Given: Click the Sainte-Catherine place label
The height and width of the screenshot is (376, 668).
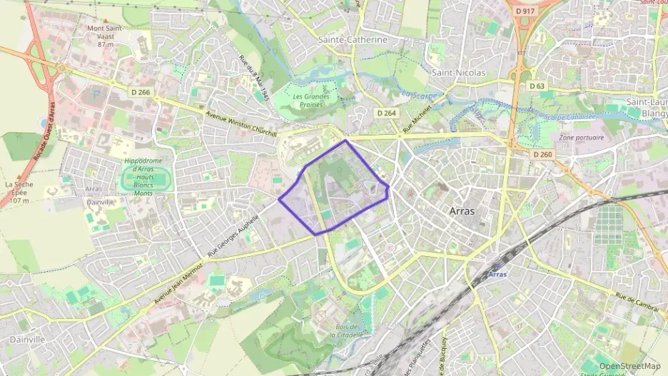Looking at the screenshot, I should coord(353,40).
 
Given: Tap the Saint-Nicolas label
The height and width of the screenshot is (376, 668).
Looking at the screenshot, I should coord(458,73).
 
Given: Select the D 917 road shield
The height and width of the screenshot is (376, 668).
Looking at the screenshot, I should coord(525,12).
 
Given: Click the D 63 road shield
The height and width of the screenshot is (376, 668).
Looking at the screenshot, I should coord(537,86).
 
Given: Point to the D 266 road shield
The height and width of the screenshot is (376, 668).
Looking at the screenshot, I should coord(141,91).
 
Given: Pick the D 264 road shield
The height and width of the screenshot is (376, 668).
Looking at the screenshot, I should coord(385,113).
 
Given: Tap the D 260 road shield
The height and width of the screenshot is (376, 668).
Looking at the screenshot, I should coord(542,154).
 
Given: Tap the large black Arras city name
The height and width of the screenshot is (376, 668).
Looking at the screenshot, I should coord(462,211).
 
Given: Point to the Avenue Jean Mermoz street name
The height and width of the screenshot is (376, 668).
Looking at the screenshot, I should coord(178,282).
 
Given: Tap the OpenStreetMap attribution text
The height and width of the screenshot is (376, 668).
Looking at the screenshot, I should coord(629,366).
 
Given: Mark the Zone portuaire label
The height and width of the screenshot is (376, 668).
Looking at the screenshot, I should coord(581,138).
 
